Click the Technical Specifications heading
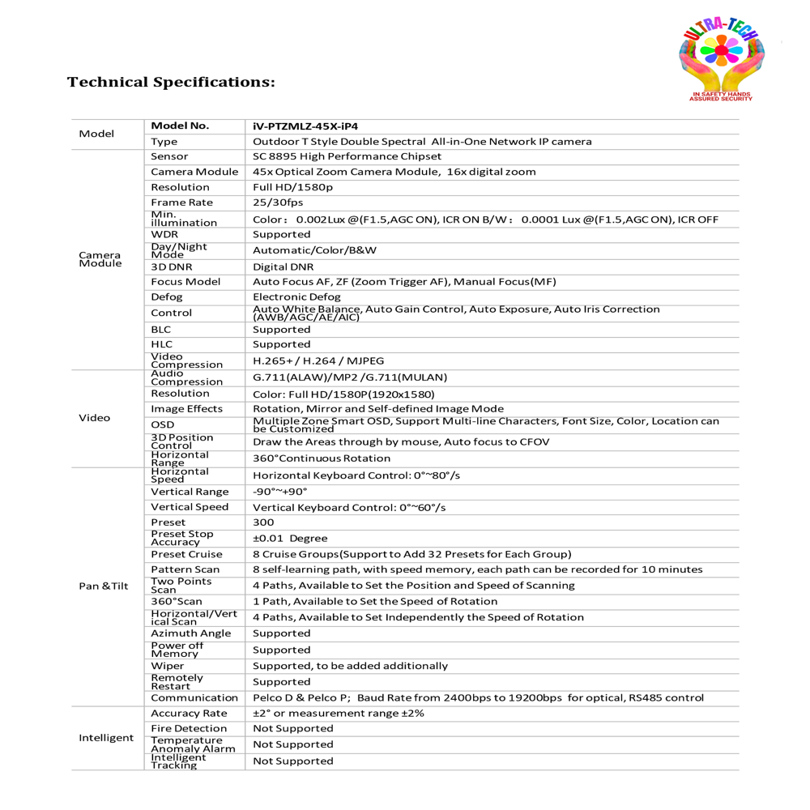pos(171,83)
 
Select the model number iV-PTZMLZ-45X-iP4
pos(305,126)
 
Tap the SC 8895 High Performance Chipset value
pos(347,156)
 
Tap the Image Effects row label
pos(186,409)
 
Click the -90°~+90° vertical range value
pos(280,492)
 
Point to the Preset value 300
pos(263,522)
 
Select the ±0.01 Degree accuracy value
pos(290,539)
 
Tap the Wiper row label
pos(168,666)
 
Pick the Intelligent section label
pos(106,738)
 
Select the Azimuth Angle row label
pos(190,633)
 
